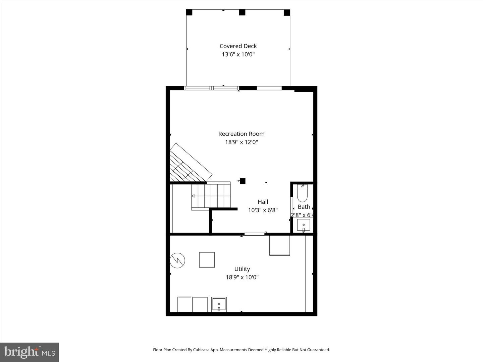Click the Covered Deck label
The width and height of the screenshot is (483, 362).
pyautogui.click(x=238, y=46)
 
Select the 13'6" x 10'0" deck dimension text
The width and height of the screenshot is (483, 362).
pyautogui.click(x=238, y=55)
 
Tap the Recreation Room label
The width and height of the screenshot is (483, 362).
pyautogui.click(x=241, y=134)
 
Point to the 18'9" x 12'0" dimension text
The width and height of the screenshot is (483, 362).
pyautogui.click(x=241, y=142)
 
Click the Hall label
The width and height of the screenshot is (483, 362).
pyautogui.click(x=263, y=202)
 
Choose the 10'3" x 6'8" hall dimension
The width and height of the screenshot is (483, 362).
pyautogui.click(x=263, y=210)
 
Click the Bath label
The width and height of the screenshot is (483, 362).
pyautogui.click(x=304, y=207)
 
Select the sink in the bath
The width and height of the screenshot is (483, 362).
pyautogui.click(x=304, y=225)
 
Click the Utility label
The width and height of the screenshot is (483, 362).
pyautogui.click(x=242, y=269)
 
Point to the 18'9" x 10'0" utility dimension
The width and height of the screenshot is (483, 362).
pyautogui.click(x=242, y=277)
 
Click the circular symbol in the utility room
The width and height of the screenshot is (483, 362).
pyautogui.click(x=177, y=260)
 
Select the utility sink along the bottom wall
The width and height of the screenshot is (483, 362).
pyautogui.click(x=219, y=304)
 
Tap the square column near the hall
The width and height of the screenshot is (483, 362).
pyautogui.click(x=243, y=181)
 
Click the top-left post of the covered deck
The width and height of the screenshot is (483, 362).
pyautogui.click(x=189, y=12)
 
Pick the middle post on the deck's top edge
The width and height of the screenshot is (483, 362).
pyautogui.click(x=242, y=12)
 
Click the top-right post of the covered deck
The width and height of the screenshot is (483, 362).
pyautogui.click(x=287, y=13)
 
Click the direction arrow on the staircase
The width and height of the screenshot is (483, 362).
pyautogui.click(x=193, y=196)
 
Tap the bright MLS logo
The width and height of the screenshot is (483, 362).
pyautogui.click(x=30, y=352)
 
